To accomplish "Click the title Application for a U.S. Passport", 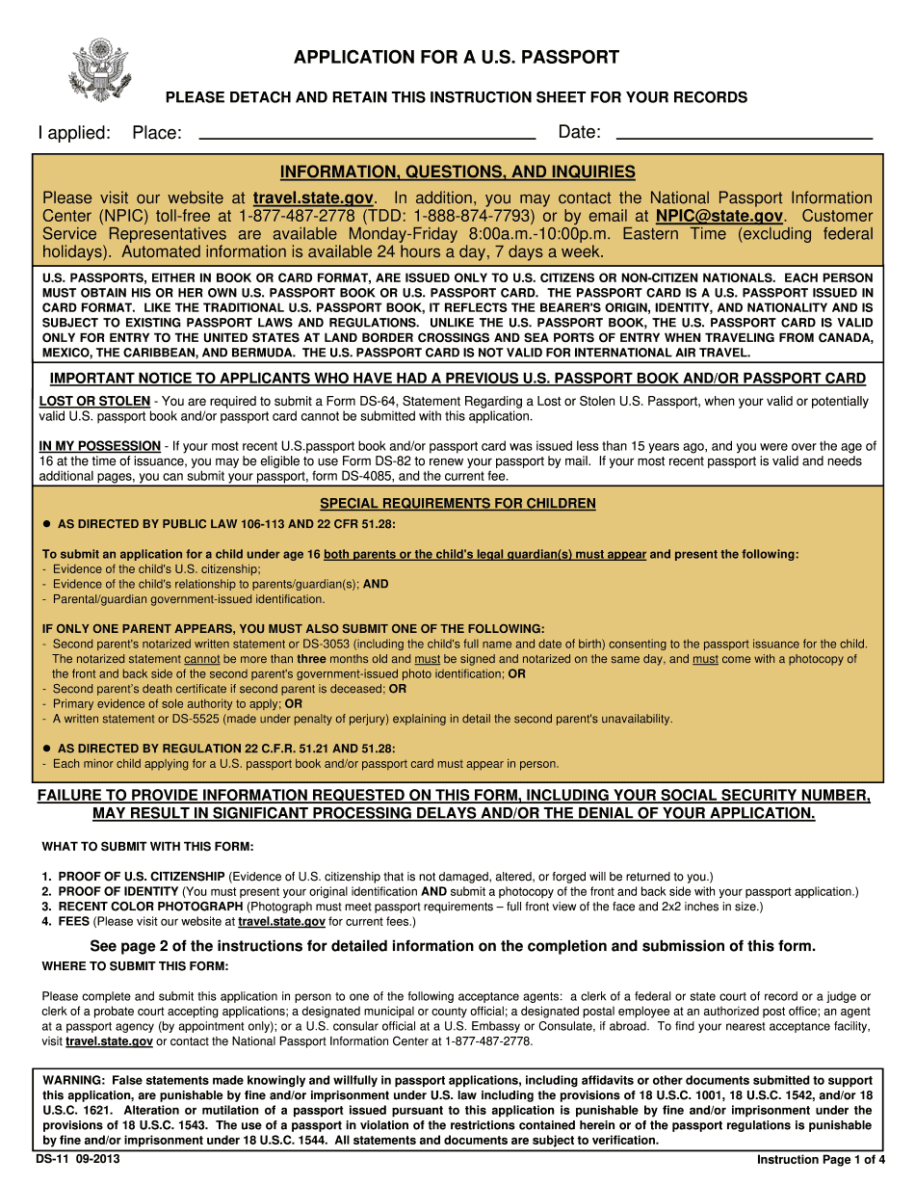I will [x=457, y=58].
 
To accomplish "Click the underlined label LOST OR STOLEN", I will [x=94, y=402].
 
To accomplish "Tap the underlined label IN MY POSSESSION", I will [x=99, y=446].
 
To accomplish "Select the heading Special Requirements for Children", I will [x=457, y=504].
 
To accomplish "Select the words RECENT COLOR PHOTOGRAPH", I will [x=150, y=907].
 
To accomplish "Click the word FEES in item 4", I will [x=75, y=922].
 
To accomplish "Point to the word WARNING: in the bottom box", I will [x=74, y=1081].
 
